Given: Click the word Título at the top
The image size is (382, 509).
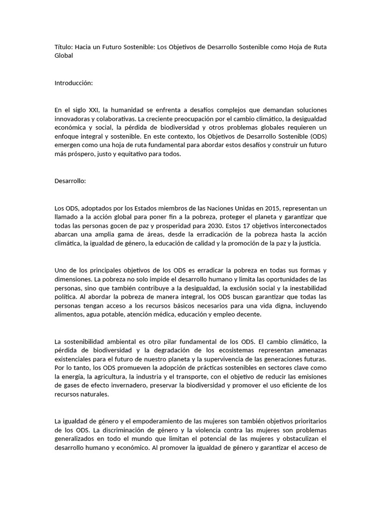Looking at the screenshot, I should pyautogui.click(x=63, y=47).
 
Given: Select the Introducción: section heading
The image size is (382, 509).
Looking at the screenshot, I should pyautogui.click(x=74, y=83).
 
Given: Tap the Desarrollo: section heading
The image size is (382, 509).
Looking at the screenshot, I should pyautogui.click(x=70, y=181).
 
